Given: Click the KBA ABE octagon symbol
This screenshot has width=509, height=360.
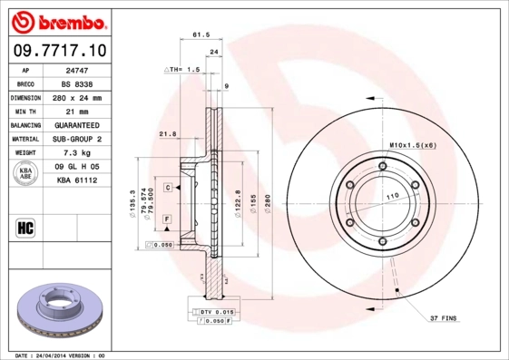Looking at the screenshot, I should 26,173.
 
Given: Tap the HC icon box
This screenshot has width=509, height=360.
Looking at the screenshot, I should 25,227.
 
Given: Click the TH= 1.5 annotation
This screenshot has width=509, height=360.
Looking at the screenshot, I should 182,70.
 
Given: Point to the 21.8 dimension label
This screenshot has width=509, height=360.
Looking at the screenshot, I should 167,134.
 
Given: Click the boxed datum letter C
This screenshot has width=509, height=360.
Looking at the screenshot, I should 169,187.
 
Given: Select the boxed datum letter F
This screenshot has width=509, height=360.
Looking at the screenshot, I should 169,219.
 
